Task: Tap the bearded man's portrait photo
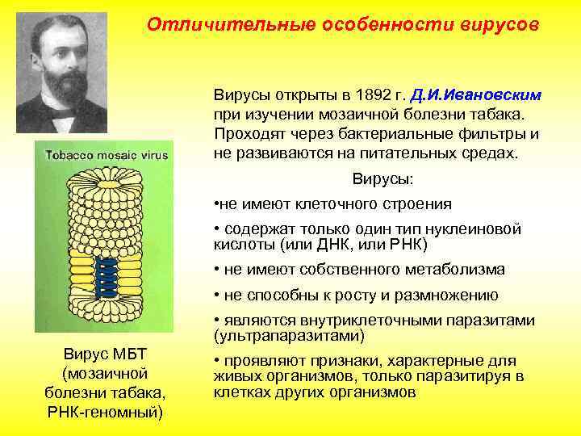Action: point(62,73)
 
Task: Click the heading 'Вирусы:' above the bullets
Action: point(382,178)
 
